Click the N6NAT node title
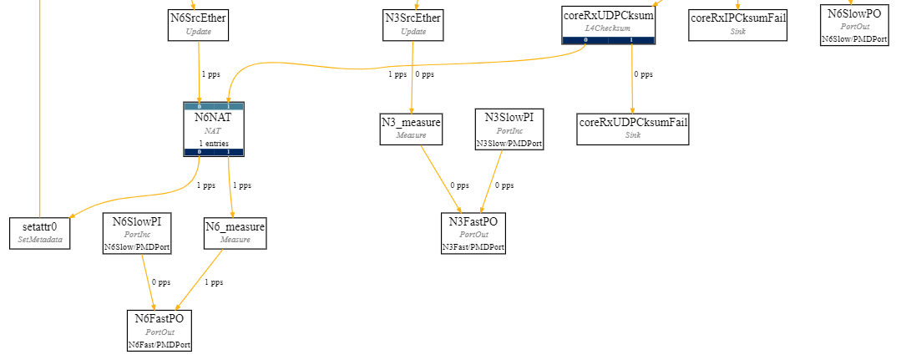click(x=213, y=118)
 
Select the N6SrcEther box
click(x=198, y=23)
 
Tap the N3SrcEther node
click(x=412, y=23)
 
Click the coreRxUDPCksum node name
click(x=608, y=15)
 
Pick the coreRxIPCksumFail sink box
click(x=737, y=23)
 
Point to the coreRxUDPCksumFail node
click(x=632, y=129)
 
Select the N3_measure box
click(x=411, y=128)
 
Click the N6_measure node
click(x=235, y=232)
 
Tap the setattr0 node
click(x=40, y=232)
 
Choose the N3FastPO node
click(x=473, y=232)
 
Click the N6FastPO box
click(x=159, y=329)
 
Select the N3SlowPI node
click(x=509, y=129)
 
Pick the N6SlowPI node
click(x=137, y=232)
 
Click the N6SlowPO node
click(x=854, y=23)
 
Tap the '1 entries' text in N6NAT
click(x=213, y=143)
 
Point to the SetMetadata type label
click(x=40, y=240)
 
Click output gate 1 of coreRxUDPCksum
click(x=631, y=39)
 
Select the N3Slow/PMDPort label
click(x=509, y=144)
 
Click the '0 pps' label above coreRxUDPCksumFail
click(x=642, y=74)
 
